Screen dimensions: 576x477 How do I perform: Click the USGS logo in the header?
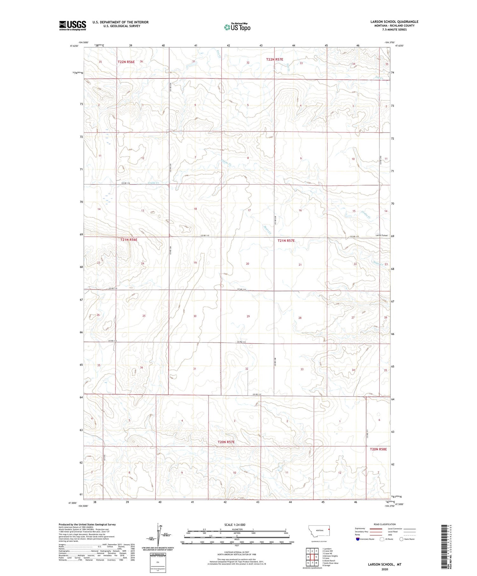click(x=73, y=25)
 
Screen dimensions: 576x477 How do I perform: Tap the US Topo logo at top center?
click(x=237, y=27)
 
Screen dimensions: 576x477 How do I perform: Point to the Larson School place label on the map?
click(x=381, y=235)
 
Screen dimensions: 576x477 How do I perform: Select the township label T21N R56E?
click(x=129, y=240)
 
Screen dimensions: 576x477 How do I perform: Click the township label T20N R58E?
click(x=378, y=449)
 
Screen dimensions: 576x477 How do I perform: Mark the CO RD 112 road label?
click(x=257, y=395)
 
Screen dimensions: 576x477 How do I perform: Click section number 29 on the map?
click(x=248, y=316)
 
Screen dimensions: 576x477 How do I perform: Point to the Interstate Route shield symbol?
click(x=358, y=539)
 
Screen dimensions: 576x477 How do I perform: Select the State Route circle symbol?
click(x=401, y=539)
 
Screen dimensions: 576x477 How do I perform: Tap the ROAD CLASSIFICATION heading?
click(x=385, y=524)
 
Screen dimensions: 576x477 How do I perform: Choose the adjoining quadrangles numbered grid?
click(x=312, y=554)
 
